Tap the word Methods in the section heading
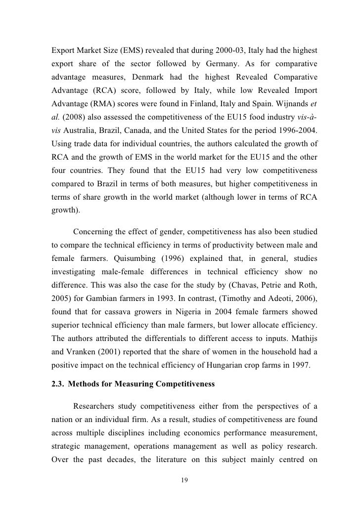click(90, 384)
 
